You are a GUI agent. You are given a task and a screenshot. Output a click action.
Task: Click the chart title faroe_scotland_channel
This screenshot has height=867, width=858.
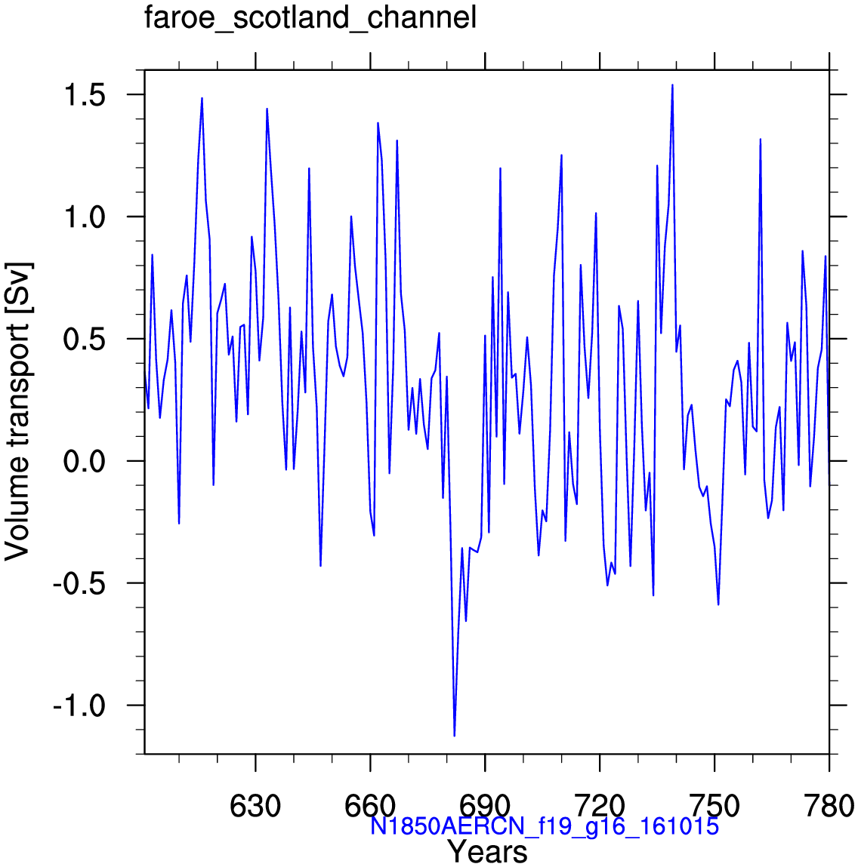(310, 17)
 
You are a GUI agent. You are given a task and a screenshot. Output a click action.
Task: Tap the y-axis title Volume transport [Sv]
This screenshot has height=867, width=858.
(18, 411)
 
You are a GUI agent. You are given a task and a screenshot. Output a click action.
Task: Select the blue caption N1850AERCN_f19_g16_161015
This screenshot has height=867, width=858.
(545, 826)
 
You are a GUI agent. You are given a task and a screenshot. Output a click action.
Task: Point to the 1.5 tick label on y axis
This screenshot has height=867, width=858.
(84, 95)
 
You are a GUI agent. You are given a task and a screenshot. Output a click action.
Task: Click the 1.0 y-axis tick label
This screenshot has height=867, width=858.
(84, 217)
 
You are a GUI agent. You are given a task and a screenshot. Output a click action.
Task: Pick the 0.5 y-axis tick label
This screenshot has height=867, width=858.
(84, 340)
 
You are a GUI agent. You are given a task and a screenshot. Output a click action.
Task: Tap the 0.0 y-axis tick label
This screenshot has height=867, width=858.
(84, 462)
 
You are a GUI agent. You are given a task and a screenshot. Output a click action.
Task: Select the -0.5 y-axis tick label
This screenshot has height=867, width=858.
(79, 584)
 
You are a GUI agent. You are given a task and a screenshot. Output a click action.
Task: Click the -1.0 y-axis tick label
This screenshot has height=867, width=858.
(79, 706)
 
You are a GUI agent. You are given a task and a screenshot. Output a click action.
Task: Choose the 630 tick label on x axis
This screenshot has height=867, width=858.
(255, 806)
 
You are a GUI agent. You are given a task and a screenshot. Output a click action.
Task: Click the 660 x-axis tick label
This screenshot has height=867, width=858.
(370, 806)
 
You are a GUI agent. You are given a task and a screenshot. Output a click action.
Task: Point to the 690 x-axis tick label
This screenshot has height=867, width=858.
(485, 806)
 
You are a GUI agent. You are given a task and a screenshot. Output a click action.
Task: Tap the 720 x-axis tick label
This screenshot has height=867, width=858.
(600, 806)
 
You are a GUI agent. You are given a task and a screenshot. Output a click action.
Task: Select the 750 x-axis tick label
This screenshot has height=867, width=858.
(714, 806)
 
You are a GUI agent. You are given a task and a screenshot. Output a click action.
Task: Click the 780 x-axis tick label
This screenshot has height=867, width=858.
(829, 806)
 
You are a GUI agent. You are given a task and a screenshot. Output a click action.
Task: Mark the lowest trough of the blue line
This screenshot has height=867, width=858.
(455, 736)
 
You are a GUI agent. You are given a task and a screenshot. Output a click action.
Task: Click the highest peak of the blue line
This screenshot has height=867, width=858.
(672, 85)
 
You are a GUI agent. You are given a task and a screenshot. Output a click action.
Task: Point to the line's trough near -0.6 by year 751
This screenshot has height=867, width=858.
(718, 604)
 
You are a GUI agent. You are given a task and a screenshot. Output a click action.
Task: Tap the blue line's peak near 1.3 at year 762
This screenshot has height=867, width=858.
(761, 140)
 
